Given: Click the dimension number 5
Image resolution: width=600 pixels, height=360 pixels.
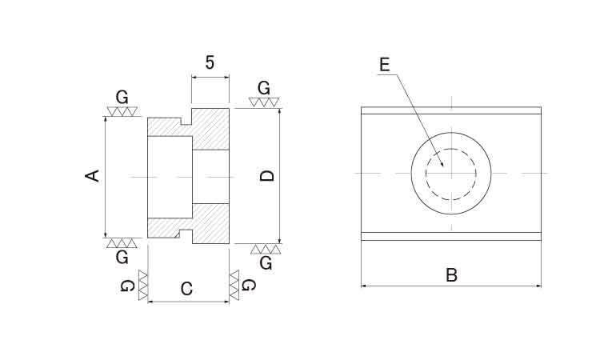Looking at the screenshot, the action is [210, 62].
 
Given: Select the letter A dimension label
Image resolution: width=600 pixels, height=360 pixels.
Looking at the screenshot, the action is [92, 176].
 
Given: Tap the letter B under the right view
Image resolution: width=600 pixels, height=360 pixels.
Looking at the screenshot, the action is [451, 275].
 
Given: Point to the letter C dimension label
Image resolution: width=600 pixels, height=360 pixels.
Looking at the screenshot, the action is [186, 289].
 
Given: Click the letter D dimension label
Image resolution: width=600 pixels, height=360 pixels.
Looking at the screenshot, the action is [267, 176].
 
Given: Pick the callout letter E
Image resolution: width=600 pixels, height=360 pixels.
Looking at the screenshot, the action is [385, 65].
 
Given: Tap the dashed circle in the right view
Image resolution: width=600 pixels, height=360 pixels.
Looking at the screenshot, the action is [451, 150].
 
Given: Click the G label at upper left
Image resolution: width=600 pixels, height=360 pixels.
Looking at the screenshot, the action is [122, 98].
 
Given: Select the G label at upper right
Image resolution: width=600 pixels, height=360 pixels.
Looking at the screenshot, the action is [264, 88].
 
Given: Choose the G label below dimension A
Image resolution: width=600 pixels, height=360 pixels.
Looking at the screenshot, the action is [122, 258].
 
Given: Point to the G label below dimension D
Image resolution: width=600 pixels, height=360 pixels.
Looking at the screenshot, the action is [266, 263].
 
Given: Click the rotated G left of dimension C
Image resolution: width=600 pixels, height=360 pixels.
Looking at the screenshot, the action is [127, 286].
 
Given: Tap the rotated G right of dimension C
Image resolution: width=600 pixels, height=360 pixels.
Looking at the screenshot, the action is [249, 285].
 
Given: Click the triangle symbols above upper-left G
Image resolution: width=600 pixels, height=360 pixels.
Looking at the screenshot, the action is [122, 111].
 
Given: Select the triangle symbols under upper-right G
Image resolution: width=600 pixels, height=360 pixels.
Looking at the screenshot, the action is [264, 102].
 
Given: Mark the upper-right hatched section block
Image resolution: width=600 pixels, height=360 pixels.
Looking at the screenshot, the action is [210, 130].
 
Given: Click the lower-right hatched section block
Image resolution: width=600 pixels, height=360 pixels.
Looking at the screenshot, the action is [210, 224].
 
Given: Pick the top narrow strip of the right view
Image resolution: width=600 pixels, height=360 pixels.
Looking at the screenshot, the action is [451, 110].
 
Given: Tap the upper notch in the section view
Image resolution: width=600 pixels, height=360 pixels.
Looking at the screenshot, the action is [186, 121].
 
